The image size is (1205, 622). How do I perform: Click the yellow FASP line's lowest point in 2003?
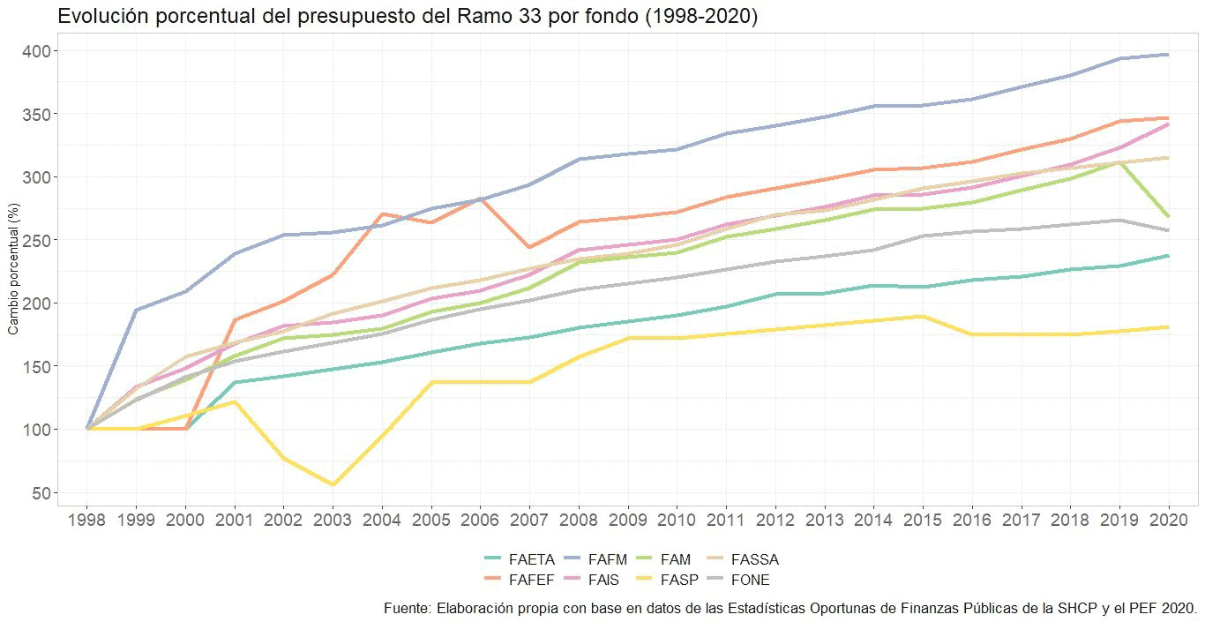(333, 484)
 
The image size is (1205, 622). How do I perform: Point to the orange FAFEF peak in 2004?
(382, 214)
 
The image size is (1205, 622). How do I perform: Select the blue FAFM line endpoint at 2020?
(1169, 55)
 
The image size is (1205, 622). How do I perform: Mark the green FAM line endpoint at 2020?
(1169, 216)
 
